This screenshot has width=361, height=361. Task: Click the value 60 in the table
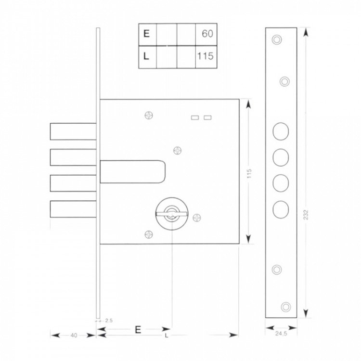(207, 34)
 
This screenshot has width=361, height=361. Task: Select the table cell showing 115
(206, 56)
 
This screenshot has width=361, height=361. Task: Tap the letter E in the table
(146, 34)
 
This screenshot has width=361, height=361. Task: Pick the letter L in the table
(146, 56)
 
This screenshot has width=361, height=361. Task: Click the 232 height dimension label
(306, 215)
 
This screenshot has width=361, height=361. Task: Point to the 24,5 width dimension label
(281, 334)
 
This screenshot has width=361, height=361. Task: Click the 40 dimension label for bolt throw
(74, 335)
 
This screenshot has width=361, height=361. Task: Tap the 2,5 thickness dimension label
(109, 321)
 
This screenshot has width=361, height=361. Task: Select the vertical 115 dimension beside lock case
(249, 174)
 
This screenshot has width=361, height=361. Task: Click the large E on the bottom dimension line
(138, 330)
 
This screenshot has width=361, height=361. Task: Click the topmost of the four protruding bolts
(73, 131)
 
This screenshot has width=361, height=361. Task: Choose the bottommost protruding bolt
(73, 209)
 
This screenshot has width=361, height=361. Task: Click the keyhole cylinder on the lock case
(171, 214)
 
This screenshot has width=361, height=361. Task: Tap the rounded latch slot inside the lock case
(133, 172)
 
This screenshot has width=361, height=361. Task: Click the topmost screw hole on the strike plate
(277, 39)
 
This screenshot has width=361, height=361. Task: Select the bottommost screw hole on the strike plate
(286, 307)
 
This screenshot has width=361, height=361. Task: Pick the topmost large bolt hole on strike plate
(281, 131)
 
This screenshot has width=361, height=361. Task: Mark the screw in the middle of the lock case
(177, 151)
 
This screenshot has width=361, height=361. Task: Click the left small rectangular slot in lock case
(195, 117)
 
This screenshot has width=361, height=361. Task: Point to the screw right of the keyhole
(196, 218)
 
